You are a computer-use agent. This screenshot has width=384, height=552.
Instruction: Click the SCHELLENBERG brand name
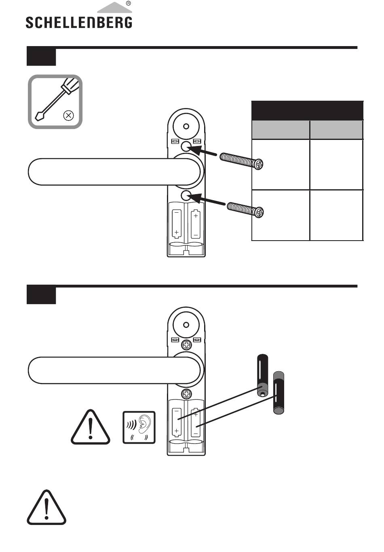point(79,22)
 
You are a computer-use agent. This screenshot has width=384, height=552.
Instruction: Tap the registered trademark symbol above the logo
point(128,3)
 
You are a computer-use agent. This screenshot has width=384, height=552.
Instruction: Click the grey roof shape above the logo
point(114,7)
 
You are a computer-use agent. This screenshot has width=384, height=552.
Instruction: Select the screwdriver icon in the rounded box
point(58,99)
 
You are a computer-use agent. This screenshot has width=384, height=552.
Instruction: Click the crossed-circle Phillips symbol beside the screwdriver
point(68,115)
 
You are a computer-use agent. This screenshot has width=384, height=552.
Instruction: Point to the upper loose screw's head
point(259,164)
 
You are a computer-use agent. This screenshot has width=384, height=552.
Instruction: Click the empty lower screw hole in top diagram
point(186,195)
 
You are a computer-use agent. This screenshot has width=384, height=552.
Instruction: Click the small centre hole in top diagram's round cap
point(186,127)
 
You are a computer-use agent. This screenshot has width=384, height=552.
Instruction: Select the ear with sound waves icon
point(139,427)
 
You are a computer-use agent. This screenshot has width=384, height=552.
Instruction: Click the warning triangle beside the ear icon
point(91,427)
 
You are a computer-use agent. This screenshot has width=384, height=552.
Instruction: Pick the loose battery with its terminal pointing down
point(263,376)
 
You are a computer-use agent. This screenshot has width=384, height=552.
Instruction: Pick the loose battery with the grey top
point(279,393)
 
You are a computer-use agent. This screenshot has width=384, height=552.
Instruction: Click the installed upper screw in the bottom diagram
point(186,345)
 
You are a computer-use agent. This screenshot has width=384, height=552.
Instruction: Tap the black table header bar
point(307,110)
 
